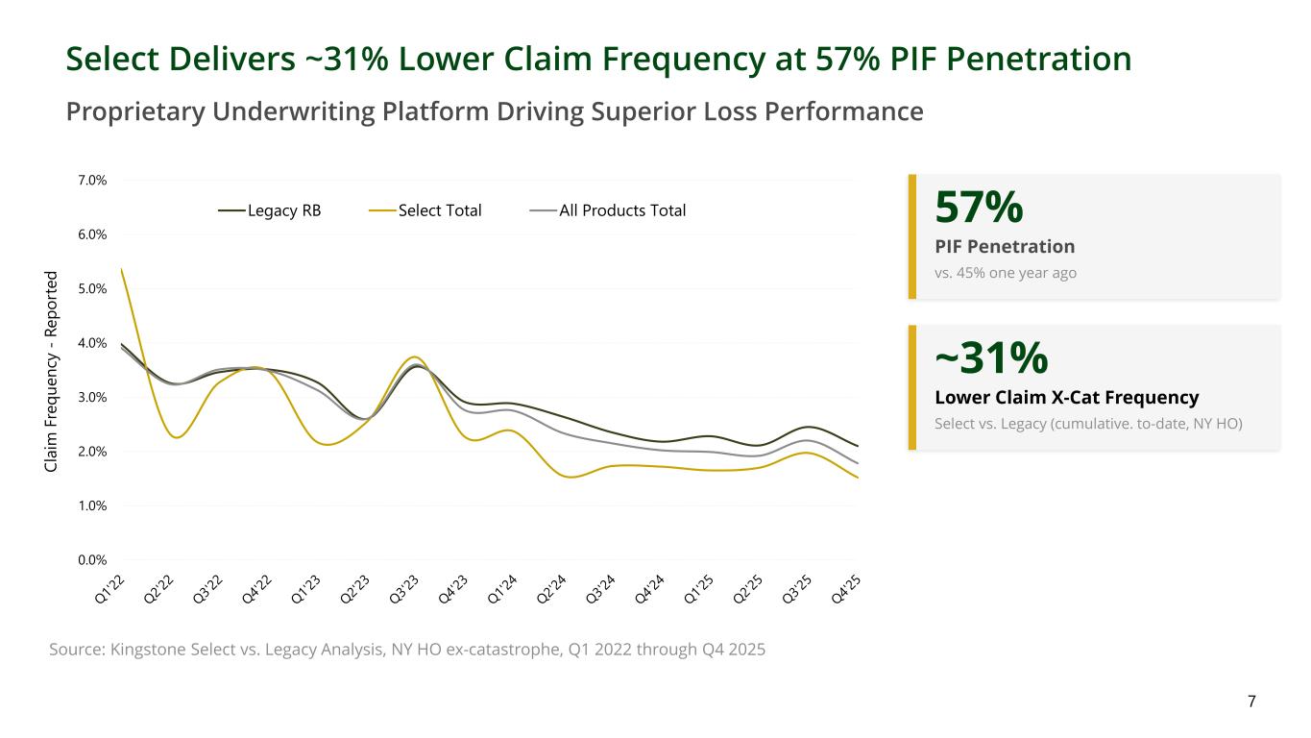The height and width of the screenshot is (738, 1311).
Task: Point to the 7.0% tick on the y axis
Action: (91, 181)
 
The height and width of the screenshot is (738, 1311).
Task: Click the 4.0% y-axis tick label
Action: (91, 343)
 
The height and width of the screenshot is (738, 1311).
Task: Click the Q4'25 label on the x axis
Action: (845, 589)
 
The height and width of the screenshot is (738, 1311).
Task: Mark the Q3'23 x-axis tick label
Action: (404, 589)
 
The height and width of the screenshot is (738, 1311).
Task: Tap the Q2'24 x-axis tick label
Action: (551, 589)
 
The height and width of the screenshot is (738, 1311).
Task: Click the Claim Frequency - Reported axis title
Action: (52, 371)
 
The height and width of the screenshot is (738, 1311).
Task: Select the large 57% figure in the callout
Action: (979, 207)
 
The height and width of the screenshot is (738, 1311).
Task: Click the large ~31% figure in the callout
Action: (990, 357)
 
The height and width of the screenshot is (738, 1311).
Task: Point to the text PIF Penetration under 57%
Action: (1005, 247)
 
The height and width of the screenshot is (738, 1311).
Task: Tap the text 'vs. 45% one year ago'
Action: (1006, 273)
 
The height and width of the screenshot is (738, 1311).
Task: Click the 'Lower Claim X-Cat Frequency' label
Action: (1066, 398)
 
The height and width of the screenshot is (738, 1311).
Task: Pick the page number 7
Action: (1251, 701)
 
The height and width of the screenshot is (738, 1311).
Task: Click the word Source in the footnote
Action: (76, 650)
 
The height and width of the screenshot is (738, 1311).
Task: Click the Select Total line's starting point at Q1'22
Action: (121, 269)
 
